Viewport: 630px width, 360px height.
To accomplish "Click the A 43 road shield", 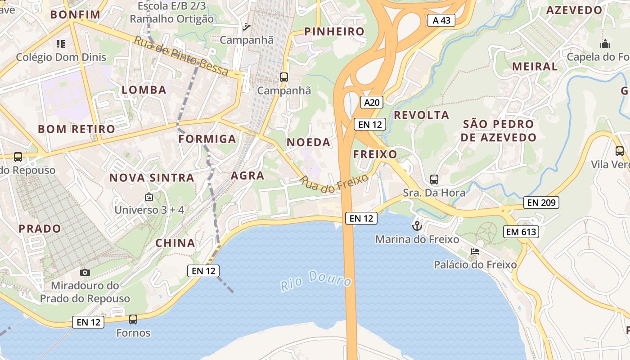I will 441,20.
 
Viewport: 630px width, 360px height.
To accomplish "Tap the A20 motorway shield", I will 372,103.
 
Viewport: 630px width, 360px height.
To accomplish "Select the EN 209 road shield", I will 542,203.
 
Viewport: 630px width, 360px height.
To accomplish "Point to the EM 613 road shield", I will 521,232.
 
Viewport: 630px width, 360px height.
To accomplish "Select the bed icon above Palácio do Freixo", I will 475,252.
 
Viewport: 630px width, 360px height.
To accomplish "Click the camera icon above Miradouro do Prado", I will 85,272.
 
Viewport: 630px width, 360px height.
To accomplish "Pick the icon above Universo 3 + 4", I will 149,197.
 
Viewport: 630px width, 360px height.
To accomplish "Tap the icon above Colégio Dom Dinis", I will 61,44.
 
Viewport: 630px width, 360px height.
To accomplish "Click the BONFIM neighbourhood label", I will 75,14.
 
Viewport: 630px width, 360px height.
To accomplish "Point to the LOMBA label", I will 144,90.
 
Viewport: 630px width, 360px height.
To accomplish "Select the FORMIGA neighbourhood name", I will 207,139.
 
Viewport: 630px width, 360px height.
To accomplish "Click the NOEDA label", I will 309,142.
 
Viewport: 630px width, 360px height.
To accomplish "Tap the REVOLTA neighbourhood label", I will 422,115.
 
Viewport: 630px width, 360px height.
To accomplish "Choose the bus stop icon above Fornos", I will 133,319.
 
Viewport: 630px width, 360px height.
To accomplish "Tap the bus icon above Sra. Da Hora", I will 434,180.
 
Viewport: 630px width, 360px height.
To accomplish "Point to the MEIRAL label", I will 535,66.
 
